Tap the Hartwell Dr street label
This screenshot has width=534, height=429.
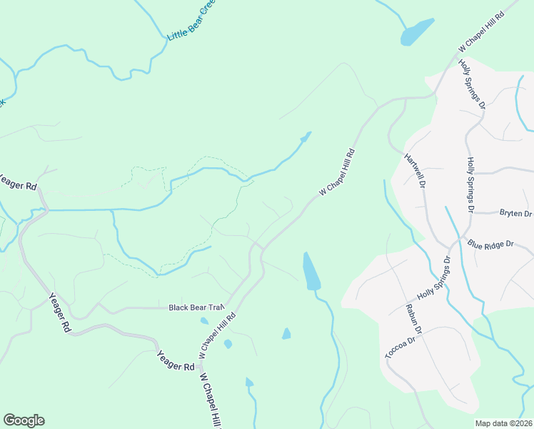click(x=415, y=170)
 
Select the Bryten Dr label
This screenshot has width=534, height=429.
click(x=515, y=214)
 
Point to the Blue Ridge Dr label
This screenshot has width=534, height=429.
click(x=490, y=244)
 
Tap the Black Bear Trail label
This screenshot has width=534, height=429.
click(x=196, y=307)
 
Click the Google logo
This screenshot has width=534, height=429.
click(x=24, y=420)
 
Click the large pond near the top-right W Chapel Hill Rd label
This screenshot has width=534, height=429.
click(x=418, y=31)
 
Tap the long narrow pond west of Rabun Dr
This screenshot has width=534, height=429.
click(x=311, y=271)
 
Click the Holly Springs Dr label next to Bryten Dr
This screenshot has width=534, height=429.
click(x=470, y=185)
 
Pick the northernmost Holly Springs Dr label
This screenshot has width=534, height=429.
click(x=473, y=84)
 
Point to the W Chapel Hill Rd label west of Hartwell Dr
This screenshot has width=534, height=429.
click(x=337, y=172)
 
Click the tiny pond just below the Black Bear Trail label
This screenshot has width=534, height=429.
click(x=204, y=320)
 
